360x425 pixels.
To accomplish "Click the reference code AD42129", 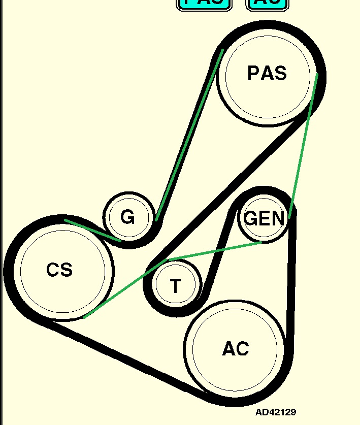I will pyautogui.click(x=276, y=412).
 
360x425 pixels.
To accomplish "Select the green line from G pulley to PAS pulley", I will pyautogui.click(x=189, y=135).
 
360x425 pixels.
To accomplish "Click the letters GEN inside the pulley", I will pyautogui.click(x=264, y=219).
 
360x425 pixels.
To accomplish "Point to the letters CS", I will pyautogui.click(x=59, y=270).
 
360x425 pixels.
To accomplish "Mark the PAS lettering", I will pyautogui.click(x=267, y=74).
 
